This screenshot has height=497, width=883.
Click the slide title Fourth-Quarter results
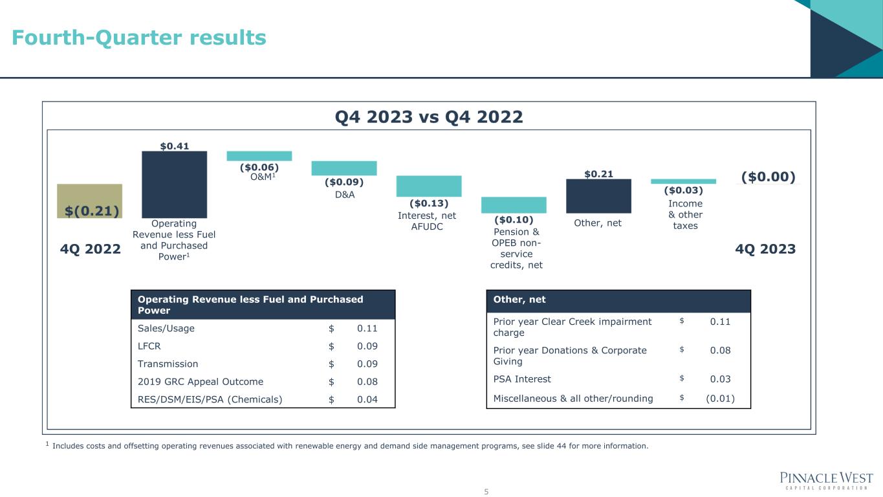(139, 38)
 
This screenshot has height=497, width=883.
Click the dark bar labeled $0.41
(174, 184)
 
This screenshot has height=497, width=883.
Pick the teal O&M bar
(259, 156)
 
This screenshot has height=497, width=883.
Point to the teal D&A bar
(343, 168)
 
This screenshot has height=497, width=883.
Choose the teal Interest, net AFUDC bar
(428, 186)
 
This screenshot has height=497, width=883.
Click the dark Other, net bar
(598, 196)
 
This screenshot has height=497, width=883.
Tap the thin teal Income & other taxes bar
(683, 181)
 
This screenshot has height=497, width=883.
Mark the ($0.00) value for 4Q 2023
(768, 177)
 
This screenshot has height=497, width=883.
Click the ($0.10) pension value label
(513, 220)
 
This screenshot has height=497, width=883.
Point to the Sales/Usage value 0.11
(367, 328)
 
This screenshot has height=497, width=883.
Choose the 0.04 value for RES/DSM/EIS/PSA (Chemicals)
(367, 399)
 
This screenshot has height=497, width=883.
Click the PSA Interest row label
(522, 379)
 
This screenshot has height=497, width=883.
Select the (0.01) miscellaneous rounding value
(720, 398)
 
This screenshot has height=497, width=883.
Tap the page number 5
(486, 492)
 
